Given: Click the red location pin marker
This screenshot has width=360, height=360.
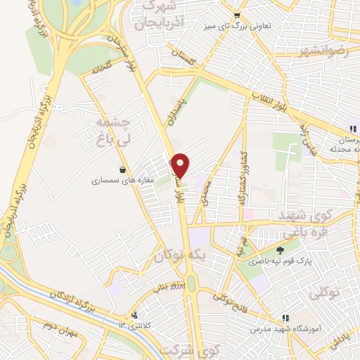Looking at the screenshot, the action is click(181, 165).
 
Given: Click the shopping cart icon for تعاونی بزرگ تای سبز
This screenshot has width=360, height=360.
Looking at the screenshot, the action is click(237, 15).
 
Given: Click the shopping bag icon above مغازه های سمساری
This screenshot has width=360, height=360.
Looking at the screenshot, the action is click(123, 169).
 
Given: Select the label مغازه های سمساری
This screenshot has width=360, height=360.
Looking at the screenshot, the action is click(116, 181).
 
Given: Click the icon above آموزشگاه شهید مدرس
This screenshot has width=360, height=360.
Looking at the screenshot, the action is click(285, 318).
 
